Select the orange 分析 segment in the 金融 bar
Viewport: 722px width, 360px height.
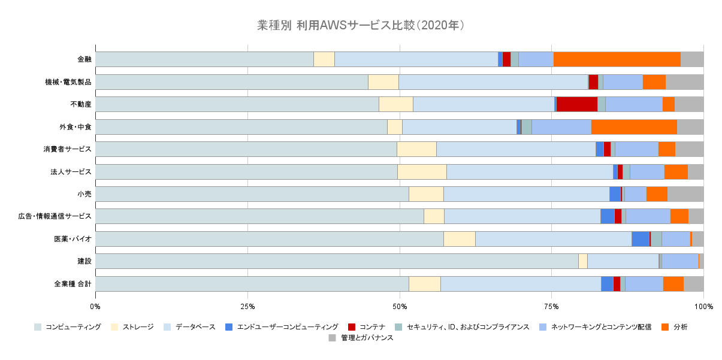coord(617,59)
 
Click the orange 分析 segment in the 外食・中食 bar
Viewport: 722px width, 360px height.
coord(634,127)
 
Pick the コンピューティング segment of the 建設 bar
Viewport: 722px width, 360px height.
coord(336,261)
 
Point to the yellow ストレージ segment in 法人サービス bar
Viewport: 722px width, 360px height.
coord(422,172)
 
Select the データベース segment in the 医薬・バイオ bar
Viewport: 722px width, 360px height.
coord(553,239)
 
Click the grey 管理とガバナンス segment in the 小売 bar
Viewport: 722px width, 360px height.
coord(685,194)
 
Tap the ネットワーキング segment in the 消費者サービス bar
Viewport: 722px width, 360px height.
coord(636,149)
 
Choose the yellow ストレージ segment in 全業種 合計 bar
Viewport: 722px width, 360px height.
coord(424,284)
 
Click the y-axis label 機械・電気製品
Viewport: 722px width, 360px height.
coord(68,82)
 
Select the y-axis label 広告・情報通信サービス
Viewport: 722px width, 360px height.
coord(55,216)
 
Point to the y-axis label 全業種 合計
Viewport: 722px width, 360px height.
coord(72,284)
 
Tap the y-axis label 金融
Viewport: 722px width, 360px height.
coord(84,59)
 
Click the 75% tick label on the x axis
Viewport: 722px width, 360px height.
coord(552,307)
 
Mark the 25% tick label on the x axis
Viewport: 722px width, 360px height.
coord(247,307)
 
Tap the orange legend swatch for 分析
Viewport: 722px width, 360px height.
coord(664,327)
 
